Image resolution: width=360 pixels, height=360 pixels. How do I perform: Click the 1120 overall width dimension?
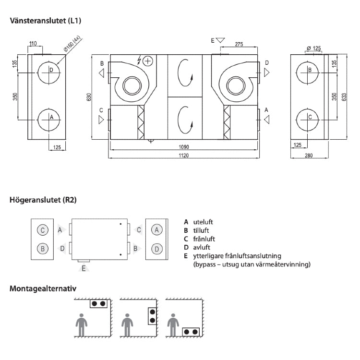[184, 156]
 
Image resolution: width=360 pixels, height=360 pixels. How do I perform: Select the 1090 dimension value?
[184, 147]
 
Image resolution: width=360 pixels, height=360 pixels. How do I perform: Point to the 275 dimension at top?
[239, 44]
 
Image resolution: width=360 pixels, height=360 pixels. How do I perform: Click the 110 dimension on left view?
[33, 44]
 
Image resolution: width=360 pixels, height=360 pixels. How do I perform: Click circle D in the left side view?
[51, 70]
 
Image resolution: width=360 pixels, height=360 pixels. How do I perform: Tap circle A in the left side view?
[51, 117]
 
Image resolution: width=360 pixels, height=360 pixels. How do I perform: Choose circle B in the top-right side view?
[310, 70]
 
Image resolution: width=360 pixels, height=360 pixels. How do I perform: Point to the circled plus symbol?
[147, 60]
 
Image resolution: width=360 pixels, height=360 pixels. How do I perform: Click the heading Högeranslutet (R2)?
[43, 199]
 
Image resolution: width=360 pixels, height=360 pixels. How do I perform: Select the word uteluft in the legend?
[203, 222]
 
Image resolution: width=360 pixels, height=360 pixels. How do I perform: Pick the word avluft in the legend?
[202, 247]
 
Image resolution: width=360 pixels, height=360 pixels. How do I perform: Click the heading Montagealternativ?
[43, 289]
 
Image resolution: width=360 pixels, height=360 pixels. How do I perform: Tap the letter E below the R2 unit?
[84, 268]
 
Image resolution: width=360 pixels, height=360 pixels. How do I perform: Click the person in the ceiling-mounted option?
[82, 326]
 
